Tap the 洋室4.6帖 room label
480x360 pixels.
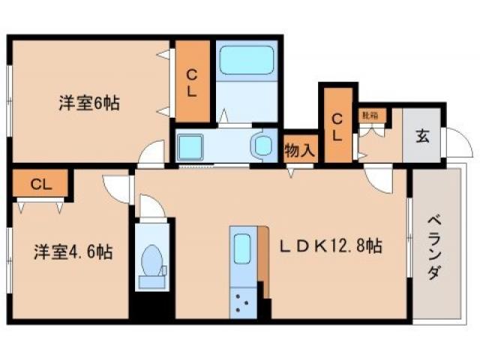(72, 252)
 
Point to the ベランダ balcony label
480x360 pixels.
(434, 247)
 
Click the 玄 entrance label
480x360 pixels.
(423, 136)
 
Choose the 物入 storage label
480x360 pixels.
(300, 150)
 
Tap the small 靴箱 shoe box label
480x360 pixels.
(370, 115)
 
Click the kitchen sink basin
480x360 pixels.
(242, 248)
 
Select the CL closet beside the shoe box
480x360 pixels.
(337, 126)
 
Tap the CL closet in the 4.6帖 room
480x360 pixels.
(40, 184)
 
